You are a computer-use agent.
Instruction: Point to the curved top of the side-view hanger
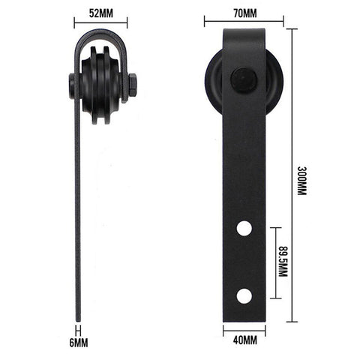100,31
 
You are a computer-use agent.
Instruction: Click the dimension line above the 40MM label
244,327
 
